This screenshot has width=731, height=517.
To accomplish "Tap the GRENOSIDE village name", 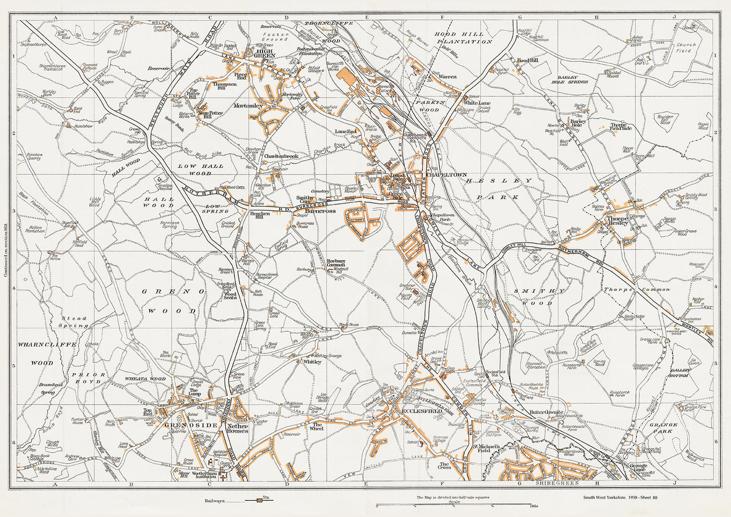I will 183,425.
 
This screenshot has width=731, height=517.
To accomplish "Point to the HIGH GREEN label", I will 266,55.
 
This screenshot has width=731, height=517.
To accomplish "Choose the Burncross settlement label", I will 321,210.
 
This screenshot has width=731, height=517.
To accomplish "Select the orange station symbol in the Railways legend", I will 260,500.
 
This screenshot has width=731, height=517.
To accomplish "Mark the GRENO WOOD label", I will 173,301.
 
